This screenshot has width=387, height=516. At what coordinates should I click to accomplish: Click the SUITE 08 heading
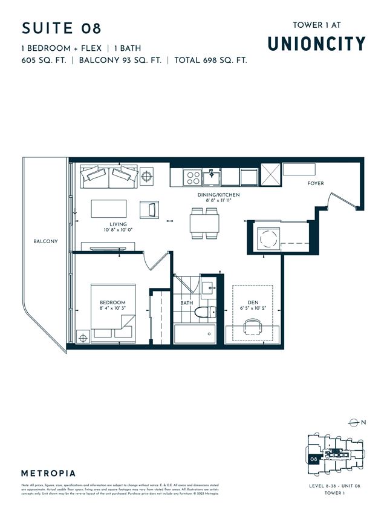click(62, 28)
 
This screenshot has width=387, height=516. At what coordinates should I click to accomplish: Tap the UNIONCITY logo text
click(316, 44)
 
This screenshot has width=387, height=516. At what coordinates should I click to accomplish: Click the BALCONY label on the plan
click(45, 241)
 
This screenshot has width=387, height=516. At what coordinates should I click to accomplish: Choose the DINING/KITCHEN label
click(220, 194)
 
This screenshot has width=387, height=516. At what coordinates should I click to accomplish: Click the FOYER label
click(316, 183)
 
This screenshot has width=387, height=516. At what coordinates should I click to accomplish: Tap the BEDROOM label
click(112, 302)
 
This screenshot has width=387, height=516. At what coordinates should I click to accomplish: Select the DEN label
click(253, 302)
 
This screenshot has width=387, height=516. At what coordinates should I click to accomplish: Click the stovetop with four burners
click(193, 177)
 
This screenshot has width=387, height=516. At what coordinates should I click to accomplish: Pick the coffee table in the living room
click(109, 209)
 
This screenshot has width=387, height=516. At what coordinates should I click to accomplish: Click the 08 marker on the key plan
click(314, 459)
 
